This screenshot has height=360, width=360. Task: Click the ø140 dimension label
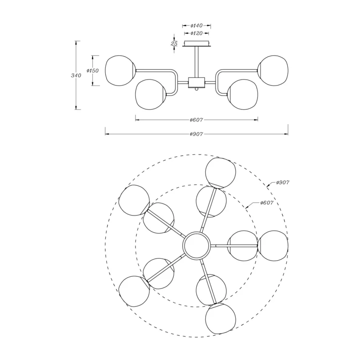point(197,26)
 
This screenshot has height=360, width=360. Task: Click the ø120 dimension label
point(197,33)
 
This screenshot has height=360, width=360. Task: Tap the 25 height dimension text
point(174,43)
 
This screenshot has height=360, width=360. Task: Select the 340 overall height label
point(76,75)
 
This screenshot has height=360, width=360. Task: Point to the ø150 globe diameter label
point(93,71)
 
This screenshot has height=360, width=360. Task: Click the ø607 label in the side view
point(197,120)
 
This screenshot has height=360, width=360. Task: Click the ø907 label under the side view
point(197,134)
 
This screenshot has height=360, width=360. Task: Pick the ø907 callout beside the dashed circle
point(283,183)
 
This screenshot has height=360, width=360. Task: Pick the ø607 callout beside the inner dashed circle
point(267,203)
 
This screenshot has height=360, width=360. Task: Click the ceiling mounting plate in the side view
point(197,44)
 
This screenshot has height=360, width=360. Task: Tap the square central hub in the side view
point(197,82)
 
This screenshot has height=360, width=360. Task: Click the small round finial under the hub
point(197,89)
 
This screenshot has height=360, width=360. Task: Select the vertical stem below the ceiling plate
point(197,62)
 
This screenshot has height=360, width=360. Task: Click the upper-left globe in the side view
point(120,71)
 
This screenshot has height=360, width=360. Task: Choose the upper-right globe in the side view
point(273,71)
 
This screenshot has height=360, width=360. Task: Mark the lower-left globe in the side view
point(150,94)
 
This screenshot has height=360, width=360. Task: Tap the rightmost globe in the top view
point(273,246)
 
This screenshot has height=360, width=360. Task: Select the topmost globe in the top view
point(220,173)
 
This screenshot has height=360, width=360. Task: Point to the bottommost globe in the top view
point(220,318)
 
